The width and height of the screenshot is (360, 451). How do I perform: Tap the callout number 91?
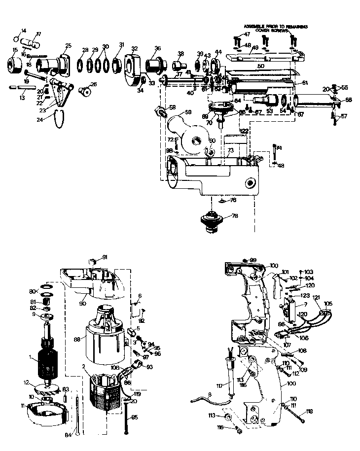[x=105, y=257]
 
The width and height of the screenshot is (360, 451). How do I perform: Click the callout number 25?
[x=68, y=46]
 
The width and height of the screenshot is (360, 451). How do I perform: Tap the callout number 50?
[x=261, y=65]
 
